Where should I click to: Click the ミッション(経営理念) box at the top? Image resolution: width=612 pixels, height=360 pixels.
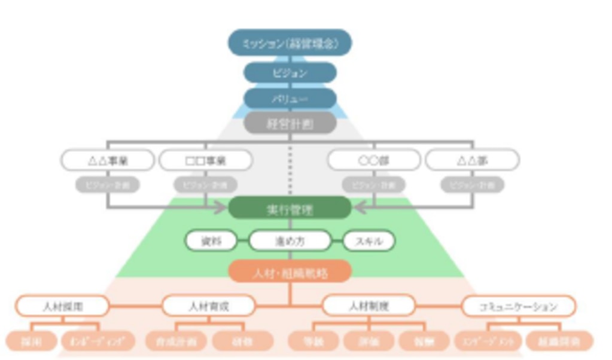(x=290, y=43)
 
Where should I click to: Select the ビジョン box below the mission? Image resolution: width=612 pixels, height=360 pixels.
(x=290, y=73)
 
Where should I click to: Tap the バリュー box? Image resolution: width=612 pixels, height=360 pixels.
(x=290, y=99)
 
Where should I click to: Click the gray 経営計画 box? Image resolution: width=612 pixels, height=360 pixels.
(x=290, y=124)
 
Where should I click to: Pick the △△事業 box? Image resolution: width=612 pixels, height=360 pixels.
(x=107, y=160)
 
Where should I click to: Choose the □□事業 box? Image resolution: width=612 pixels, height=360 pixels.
(x=205, y=160)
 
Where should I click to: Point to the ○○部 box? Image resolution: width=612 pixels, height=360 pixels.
(x=374, y=160)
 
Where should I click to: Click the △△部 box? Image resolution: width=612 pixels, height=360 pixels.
(x=472, y=160)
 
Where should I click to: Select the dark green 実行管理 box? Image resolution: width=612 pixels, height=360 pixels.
(x=290, y=208)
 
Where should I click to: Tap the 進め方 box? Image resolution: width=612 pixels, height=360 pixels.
(x=290, y=241)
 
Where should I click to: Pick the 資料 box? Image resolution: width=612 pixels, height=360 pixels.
(x=211, y=241)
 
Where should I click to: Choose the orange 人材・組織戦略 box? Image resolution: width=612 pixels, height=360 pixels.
(x=290, y=273)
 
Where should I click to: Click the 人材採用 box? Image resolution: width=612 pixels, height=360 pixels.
(x=62, y=306)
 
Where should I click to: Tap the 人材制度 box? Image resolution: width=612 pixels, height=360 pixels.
(x=369, y=306)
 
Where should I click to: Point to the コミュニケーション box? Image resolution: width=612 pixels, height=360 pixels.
(x=518, y=306)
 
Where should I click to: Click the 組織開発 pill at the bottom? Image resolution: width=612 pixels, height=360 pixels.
(x=559, y=341)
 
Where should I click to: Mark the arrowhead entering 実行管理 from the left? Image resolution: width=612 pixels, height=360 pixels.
(x=223, y=208)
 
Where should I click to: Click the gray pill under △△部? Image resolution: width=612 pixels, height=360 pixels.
(x=472, y=185)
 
